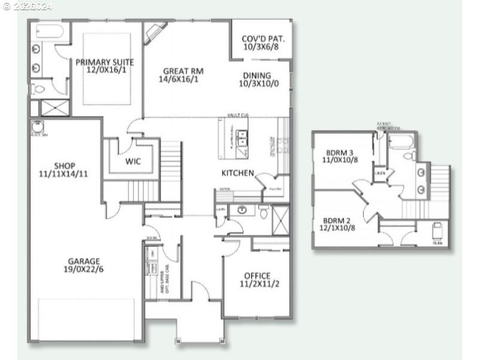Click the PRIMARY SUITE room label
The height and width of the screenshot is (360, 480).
(x=105, y=62)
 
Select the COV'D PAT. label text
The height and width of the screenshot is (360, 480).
(x=263, y=40)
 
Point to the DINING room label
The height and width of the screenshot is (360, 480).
(x=257, y=76)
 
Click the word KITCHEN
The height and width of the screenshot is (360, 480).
(x=238, y=173)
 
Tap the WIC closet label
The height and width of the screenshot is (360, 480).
(x=133, y=161)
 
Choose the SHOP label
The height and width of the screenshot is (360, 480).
(x=64, y=166)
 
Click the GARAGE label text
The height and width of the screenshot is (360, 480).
(x=83, y=261)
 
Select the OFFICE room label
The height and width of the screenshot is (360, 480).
(x=257, y=275)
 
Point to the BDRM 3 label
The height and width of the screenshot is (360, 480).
(x=340, y=152)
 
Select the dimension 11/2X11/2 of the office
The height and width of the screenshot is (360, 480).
(x=260, y=284)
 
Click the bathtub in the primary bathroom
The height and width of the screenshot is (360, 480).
(x=45, y=31)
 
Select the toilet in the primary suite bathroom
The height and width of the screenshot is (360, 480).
(x=38, y=89)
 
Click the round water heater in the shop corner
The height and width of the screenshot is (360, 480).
(x=37, y=127)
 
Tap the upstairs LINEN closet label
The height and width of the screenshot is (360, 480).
(x=380, y=173)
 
